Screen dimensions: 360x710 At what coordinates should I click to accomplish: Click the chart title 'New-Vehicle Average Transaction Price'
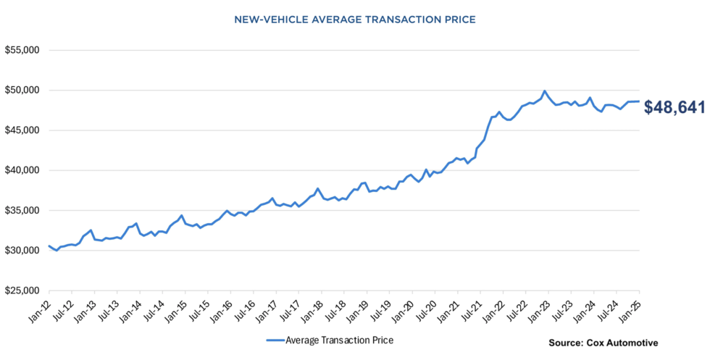[355, 20]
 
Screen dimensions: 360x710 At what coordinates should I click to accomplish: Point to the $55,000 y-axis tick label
[22, 51]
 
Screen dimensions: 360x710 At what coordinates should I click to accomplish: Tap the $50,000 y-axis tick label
[22, 91]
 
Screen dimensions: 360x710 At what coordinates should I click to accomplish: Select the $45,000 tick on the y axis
[22, 130]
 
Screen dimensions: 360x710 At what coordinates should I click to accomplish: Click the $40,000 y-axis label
[22, 171]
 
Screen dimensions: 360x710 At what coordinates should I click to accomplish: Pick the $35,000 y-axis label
[22, 211]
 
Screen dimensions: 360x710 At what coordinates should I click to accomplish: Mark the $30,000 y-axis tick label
[22, 251]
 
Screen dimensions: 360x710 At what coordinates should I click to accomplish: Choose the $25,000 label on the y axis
[22, 291]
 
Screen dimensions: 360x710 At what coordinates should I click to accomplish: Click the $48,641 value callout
[674, 107]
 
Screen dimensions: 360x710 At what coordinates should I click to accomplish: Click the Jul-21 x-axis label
[470, 308]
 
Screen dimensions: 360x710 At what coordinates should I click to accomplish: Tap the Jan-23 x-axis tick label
[538, 308]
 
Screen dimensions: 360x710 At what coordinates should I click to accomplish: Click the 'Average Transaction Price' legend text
[339, 340]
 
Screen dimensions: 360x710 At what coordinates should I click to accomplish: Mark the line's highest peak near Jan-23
[544, 91]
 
